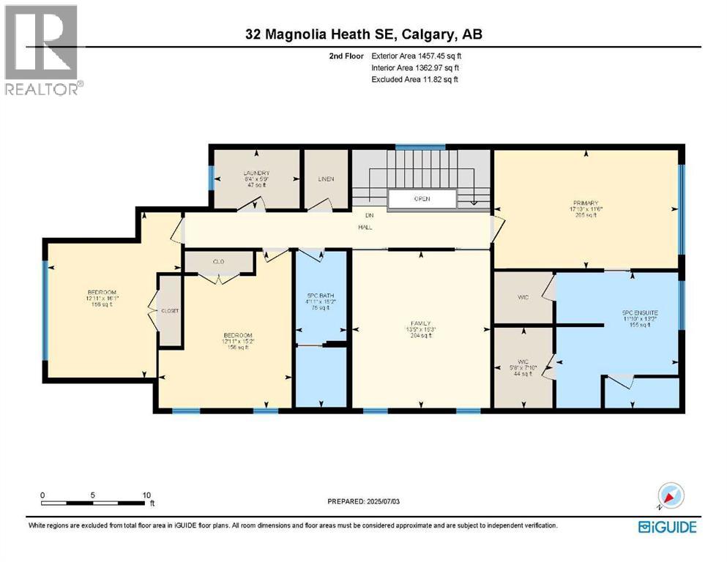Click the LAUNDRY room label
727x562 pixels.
(x=256, y=173)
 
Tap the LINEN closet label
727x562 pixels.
(x=326, y=179)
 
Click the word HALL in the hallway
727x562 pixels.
(x=365, y=228)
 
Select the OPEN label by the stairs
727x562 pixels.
(x=421, y=198)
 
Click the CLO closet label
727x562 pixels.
(x=218, y=261)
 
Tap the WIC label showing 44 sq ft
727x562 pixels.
(x=523, y=362)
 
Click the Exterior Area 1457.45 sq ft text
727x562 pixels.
(x=416, y=56)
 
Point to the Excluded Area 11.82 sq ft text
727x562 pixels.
(x=414, y=79)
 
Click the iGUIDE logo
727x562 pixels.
(x=667, y=527)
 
